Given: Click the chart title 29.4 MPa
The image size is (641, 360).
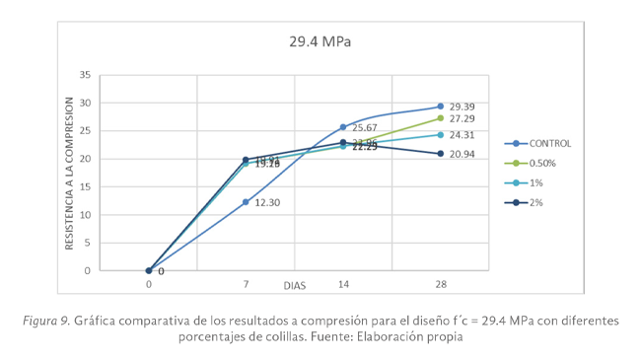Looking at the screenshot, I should [320, 42].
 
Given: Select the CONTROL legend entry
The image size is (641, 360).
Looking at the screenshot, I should [549, 143].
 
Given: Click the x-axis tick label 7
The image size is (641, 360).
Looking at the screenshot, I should [246, 284].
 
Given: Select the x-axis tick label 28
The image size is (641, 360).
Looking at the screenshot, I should [440, 284].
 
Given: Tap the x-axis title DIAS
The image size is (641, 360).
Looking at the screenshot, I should [294, 285].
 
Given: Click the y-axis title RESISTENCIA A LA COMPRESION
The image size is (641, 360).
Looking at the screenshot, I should [70, 174].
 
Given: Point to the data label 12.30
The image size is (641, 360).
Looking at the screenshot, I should [268, 203].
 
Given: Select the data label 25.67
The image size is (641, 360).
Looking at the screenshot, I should [366, 128].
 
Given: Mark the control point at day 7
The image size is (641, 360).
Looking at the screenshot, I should [246, 202].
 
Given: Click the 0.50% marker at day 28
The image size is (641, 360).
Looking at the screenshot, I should [440, 118].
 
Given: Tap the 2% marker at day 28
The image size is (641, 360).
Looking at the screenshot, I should [440, 154].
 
